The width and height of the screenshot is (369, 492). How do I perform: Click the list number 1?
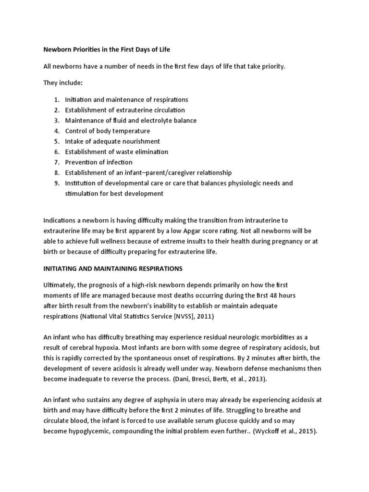point(56,99)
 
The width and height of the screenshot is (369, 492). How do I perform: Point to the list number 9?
point(56,183)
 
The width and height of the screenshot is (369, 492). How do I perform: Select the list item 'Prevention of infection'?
point(98,162)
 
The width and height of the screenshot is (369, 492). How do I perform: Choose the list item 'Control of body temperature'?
point(108,131)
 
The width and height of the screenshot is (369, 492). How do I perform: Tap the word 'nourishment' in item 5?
point(142,141)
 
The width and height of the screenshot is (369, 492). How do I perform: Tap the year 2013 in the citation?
point(258,380)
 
